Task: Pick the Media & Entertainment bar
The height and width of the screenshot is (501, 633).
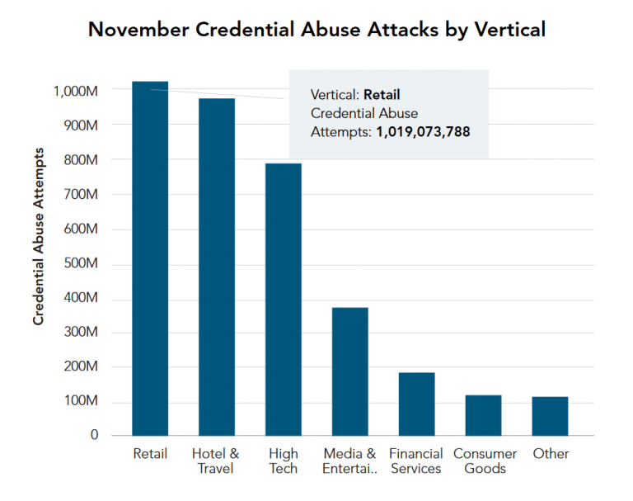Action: point(349,371)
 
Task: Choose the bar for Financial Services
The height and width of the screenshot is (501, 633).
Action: point(416,404)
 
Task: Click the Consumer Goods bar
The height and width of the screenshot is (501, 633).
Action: point(483,414)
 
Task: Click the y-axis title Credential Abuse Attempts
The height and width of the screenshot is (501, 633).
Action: point(39,236)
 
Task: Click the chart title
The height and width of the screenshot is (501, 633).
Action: point(316,31)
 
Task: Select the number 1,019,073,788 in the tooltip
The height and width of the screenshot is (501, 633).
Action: point(423,130)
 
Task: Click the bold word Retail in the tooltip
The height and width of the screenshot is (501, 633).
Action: point(382,94)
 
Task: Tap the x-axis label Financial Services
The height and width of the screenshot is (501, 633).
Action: point(416,461)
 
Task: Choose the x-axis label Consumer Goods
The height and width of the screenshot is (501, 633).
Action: point(485,461)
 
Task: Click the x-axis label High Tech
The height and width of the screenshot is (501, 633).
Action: point(284,461)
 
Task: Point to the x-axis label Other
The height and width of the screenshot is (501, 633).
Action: point(551,453)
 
